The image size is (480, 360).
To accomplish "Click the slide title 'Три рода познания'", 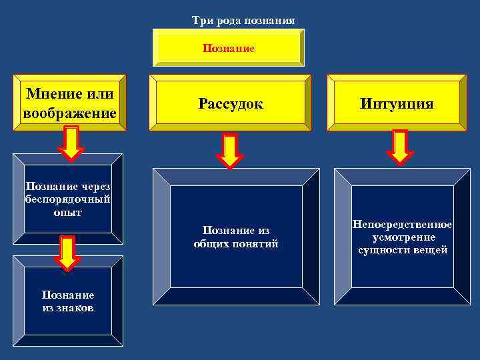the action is click(243, 20).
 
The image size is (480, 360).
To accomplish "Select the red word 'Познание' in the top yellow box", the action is click(229, 49).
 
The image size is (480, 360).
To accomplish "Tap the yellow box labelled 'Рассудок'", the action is click(231, 104).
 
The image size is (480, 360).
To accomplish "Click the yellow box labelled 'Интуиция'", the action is click(397, 104).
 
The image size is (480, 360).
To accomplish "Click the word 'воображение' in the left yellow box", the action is click(69, 113).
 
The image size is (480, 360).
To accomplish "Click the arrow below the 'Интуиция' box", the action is click(400, 147).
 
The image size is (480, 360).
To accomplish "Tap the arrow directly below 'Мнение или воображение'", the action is click(71, 143).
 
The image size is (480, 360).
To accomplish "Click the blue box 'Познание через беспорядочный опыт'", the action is click(67, 198).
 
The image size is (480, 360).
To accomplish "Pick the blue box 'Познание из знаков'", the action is click(67, 301).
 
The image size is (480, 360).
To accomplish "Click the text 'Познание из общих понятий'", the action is click(236, 237).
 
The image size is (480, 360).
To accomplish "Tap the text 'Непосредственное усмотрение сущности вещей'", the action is click(402, 237).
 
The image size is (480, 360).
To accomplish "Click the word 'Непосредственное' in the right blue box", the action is click(402, 225).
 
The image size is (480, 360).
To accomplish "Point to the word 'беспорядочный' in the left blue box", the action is click(67, 199).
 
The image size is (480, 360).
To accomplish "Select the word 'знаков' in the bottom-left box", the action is click(75, 308).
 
